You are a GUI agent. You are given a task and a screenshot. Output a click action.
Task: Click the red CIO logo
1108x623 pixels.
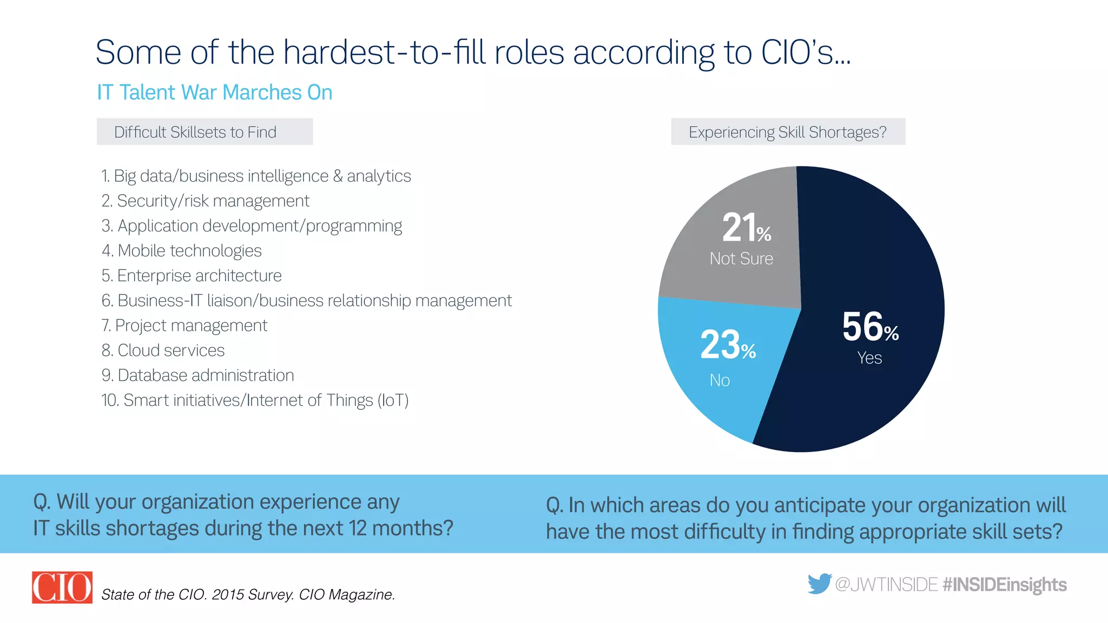[x=62, y=587]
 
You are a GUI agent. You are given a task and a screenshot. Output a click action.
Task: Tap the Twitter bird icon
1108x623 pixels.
[x=819, y=584]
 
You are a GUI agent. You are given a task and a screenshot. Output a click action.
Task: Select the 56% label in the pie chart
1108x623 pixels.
[x=870, y=327]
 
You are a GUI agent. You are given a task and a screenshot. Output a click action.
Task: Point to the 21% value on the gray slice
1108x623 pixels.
[x=746, y=228]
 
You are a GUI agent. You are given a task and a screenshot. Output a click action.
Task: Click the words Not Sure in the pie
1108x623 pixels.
[x=741, y=259]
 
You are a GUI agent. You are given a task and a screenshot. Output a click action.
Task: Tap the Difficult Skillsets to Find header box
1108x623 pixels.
[x=205, y=132]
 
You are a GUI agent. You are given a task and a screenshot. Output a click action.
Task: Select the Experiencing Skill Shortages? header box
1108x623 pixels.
[x=788, y=132]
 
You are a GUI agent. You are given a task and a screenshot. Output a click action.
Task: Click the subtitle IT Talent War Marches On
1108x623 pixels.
[x=214, y=92]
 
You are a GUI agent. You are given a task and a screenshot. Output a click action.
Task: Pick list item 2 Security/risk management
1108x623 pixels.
[x=206, y=201]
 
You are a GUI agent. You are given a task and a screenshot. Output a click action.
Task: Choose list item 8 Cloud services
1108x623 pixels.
[x=163, y=350]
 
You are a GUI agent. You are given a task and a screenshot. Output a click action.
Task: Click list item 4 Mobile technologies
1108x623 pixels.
[x=182, y=250]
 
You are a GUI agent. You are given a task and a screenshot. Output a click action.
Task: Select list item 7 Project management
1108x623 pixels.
[x=184, y=326]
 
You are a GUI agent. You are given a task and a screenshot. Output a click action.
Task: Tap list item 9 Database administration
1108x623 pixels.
[x=198, y=375]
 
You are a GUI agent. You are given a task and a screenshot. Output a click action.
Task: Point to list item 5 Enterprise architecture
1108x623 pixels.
[x=192, y=276]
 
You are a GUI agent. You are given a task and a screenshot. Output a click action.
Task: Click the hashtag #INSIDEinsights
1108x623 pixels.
[x=1005, y=585]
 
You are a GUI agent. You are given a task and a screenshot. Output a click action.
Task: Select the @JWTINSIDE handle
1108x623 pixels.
[x=886, y=585]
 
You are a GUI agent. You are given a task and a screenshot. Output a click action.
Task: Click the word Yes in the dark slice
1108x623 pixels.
[x=869, y=358]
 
